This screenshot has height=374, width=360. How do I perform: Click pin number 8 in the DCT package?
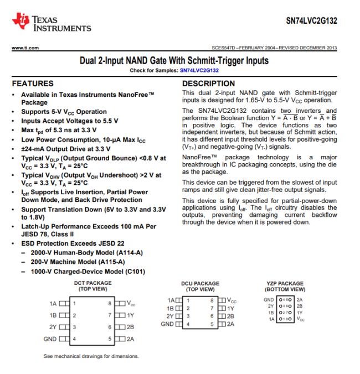pyautogui.click(x=110, y=303)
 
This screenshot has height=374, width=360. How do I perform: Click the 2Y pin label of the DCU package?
pyautogui.click(x=170, y=316)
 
